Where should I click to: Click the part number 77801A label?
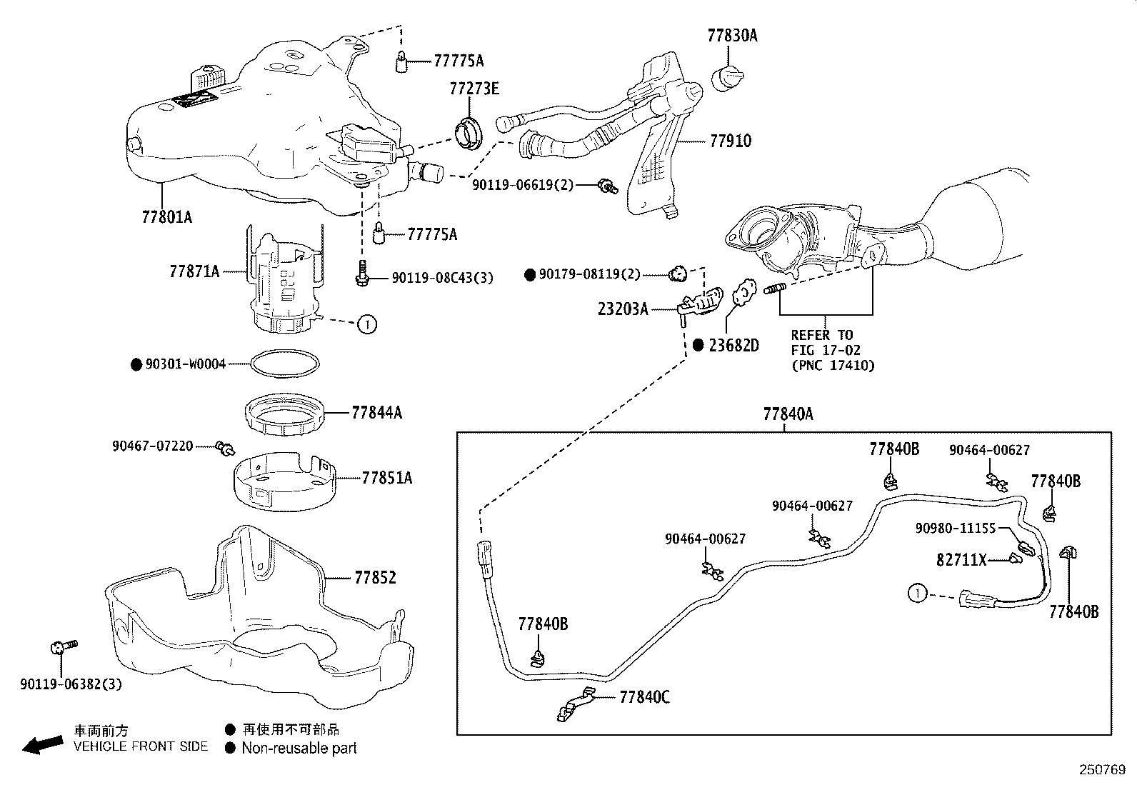click(166, 216)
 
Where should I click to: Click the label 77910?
click(730, 141)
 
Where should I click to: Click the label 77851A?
click(386, 478)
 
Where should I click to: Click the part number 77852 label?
click(375, 577)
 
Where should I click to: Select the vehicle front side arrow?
click(41, 745)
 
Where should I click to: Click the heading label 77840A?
click(788, 414)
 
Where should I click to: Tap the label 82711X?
click(961, 560)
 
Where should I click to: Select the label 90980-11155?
click(955, 528)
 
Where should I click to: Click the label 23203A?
click(623, 309)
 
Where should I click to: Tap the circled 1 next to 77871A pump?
click(366, 324)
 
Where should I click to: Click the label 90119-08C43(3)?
click(442, 277)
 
